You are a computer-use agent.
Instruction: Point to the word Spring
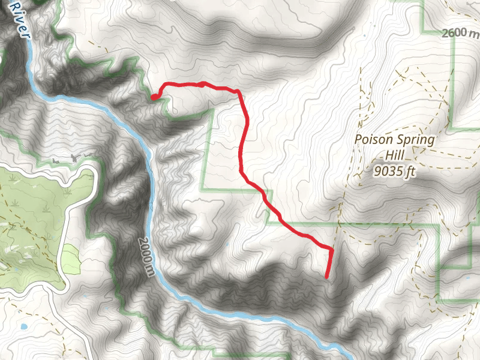pos(416,140)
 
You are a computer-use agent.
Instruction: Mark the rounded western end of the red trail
pos(154,97)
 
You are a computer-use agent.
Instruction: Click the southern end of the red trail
pos(326,277)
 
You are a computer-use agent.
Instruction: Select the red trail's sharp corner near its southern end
pos(332,248)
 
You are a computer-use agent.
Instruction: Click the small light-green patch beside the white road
pos(71,259)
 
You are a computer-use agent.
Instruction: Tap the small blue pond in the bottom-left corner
pos(23,327)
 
